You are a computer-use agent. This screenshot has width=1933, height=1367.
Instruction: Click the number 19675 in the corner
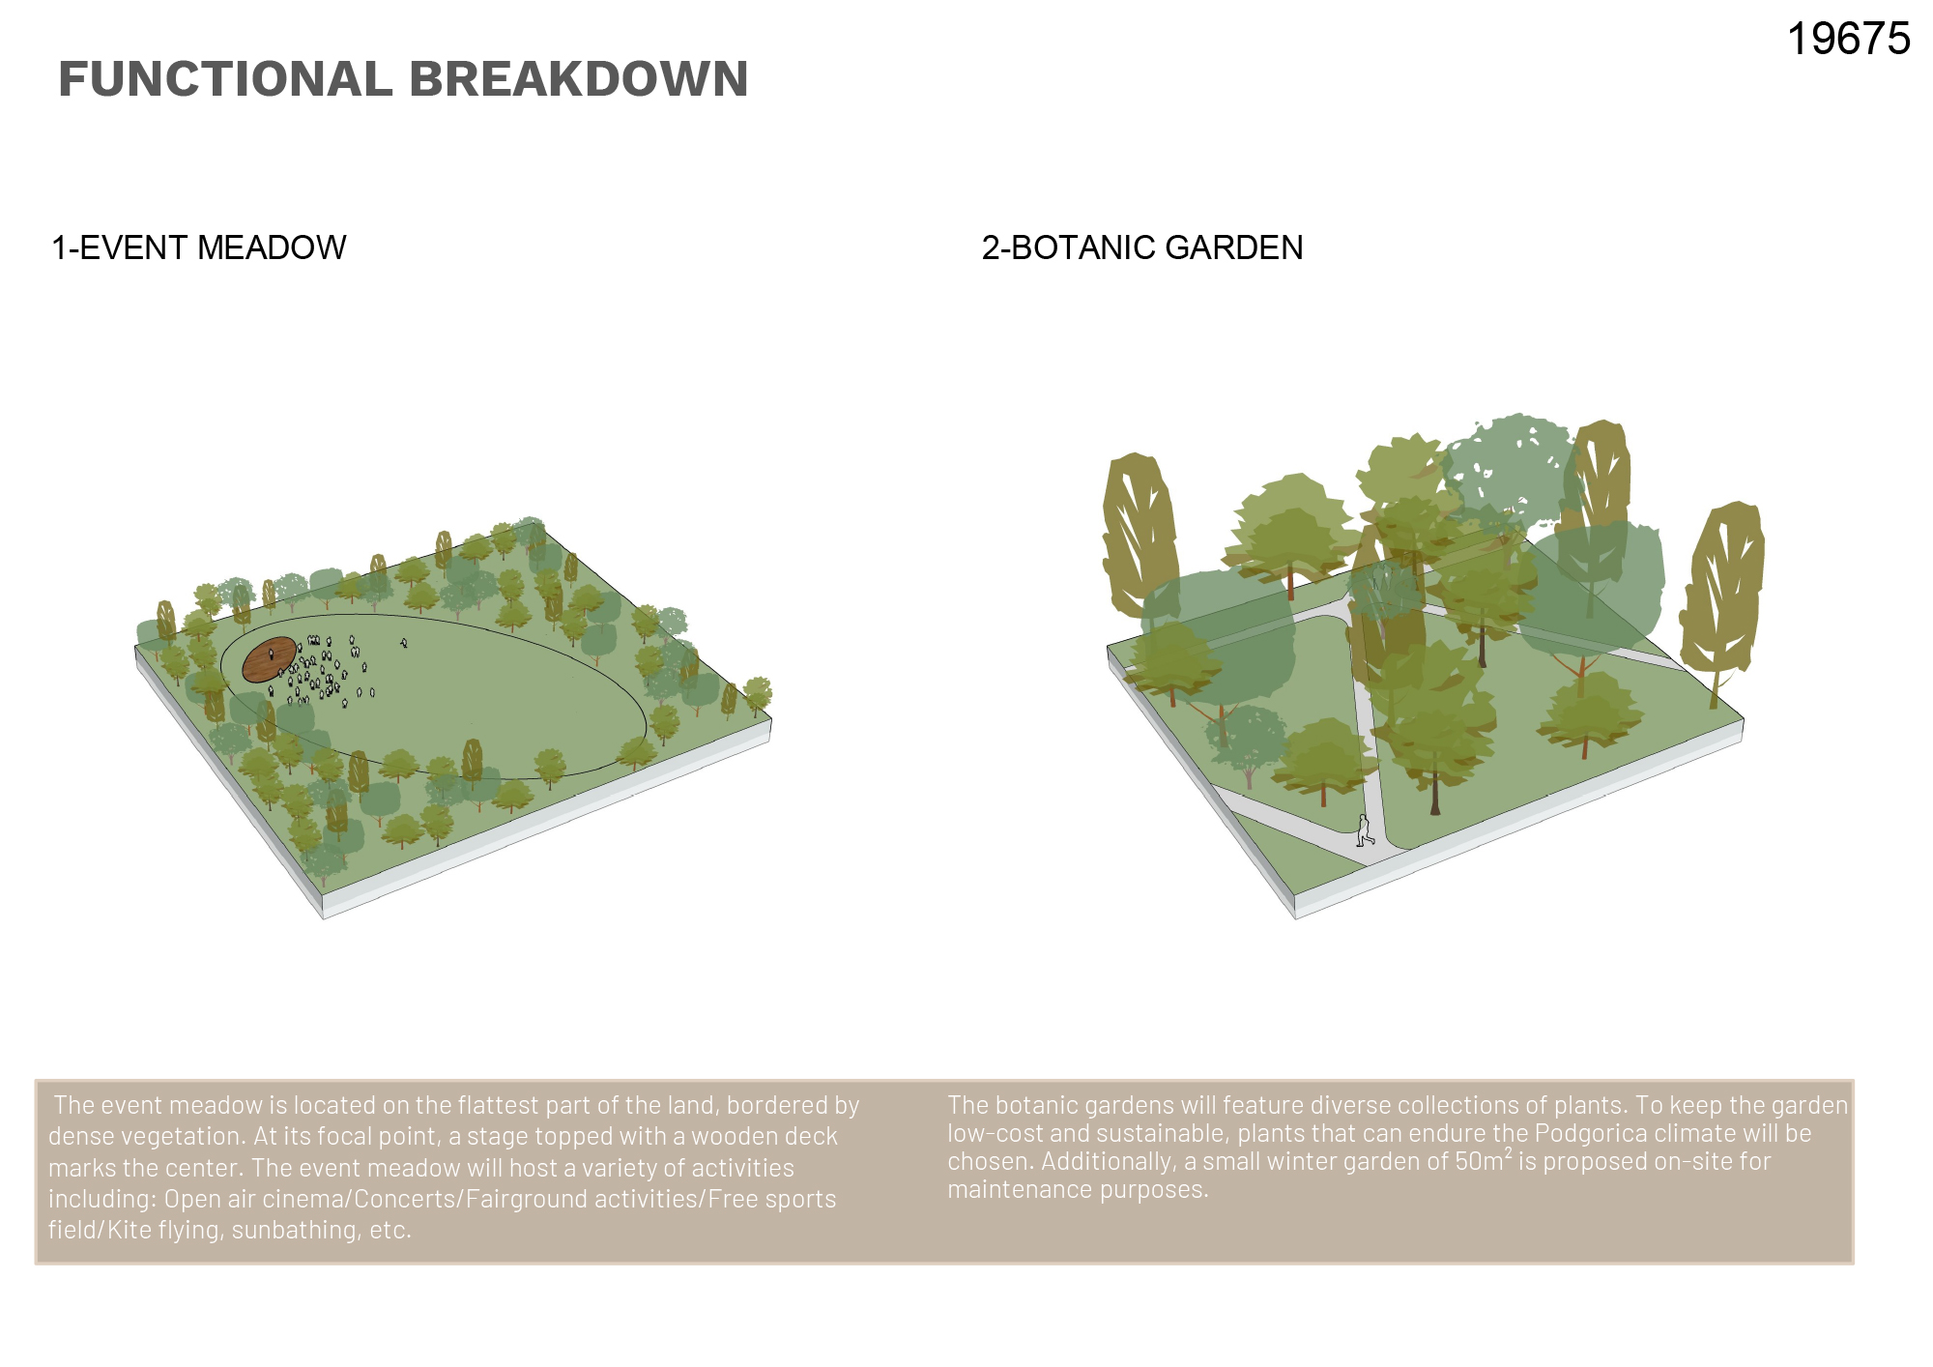(x=1848, y=40)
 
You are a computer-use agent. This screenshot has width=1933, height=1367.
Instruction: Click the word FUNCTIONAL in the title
(x=225, y=79)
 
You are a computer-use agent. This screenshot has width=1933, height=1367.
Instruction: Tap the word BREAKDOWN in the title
(x=579, y=79)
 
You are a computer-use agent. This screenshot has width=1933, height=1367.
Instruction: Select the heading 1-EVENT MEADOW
(x=198, y=247)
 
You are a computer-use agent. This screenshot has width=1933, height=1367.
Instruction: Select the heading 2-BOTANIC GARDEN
(x=1142, y=247)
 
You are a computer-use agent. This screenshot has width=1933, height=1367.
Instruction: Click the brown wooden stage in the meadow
(x=269, y=660)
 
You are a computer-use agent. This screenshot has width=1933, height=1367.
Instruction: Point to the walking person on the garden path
(x=1364, y=830)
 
